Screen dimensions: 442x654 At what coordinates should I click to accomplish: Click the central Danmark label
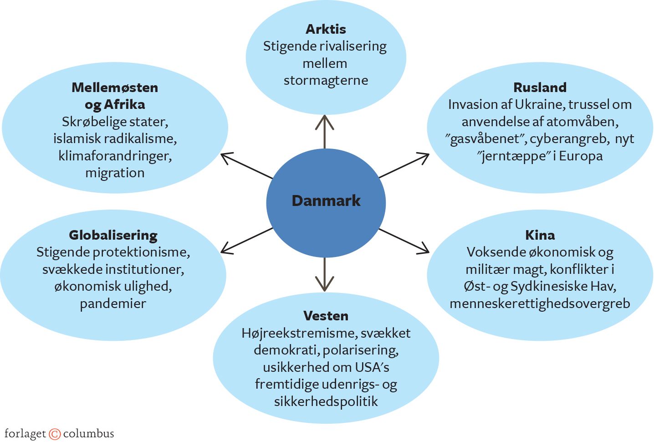(326, 201)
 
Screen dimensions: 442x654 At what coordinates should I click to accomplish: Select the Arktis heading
(326, 29)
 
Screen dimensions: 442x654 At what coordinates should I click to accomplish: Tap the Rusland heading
(540, 87)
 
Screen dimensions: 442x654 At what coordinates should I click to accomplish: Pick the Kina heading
(540, 235)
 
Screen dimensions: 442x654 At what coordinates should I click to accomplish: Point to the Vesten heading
(326, 316)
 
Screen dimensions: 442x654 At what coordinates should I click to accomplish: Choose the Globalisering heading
(113, 235)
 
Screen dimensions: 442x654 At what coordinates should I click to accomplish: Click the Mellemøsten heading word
(115, 87)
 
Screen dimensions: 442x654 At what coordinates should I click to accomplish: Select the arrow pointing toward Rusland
(404, 165)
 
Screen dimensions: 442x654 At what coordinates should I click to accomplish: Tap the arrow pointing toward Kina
(404, 240)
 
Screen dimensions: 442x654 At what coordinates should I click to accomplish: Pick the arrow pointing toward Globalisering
(246, 240)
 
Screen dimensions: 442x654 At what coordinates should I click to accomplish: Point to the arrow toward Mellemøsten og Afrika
(246, 165)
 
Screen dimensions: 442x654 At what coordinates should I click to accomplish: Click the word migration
(115, 173)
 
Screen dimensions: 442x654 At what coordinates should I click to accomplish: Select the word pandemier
(113, 303)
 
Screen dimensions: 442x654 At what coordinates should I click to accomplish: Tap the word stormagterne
(326, 81)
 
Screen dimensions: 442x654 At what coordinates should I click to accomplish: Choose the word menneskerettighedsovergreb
(540, 303)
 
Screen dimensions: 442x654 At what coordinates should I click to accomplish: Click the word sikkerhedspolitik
(326, 401)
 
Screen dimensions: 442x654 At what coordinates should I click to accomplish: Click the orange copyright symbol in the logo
(55, 434)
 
